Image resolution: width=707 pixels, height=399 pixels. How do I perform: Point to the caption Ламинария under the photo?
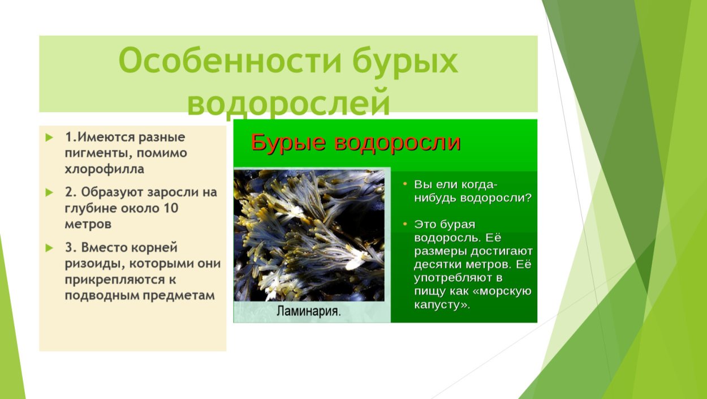coord(309,311)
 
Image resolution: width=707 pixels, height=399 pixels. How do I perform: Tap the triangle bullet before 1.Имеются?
coord(50,138)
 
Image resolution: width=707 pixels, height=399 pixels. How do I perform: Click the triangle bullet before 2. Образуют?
coord(50,192)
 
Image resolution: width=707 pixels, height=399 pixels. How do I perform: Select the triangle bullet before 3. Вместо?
coord(50,248)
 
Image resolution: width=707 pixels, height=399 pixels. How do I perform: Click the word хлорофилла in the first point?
coord(105,169)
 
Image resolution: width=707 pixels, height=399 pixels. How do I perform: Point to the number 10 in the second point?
coord(171,208)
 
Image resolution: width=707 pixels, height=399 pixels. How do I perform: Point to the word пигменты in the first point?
coord(95,153)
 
